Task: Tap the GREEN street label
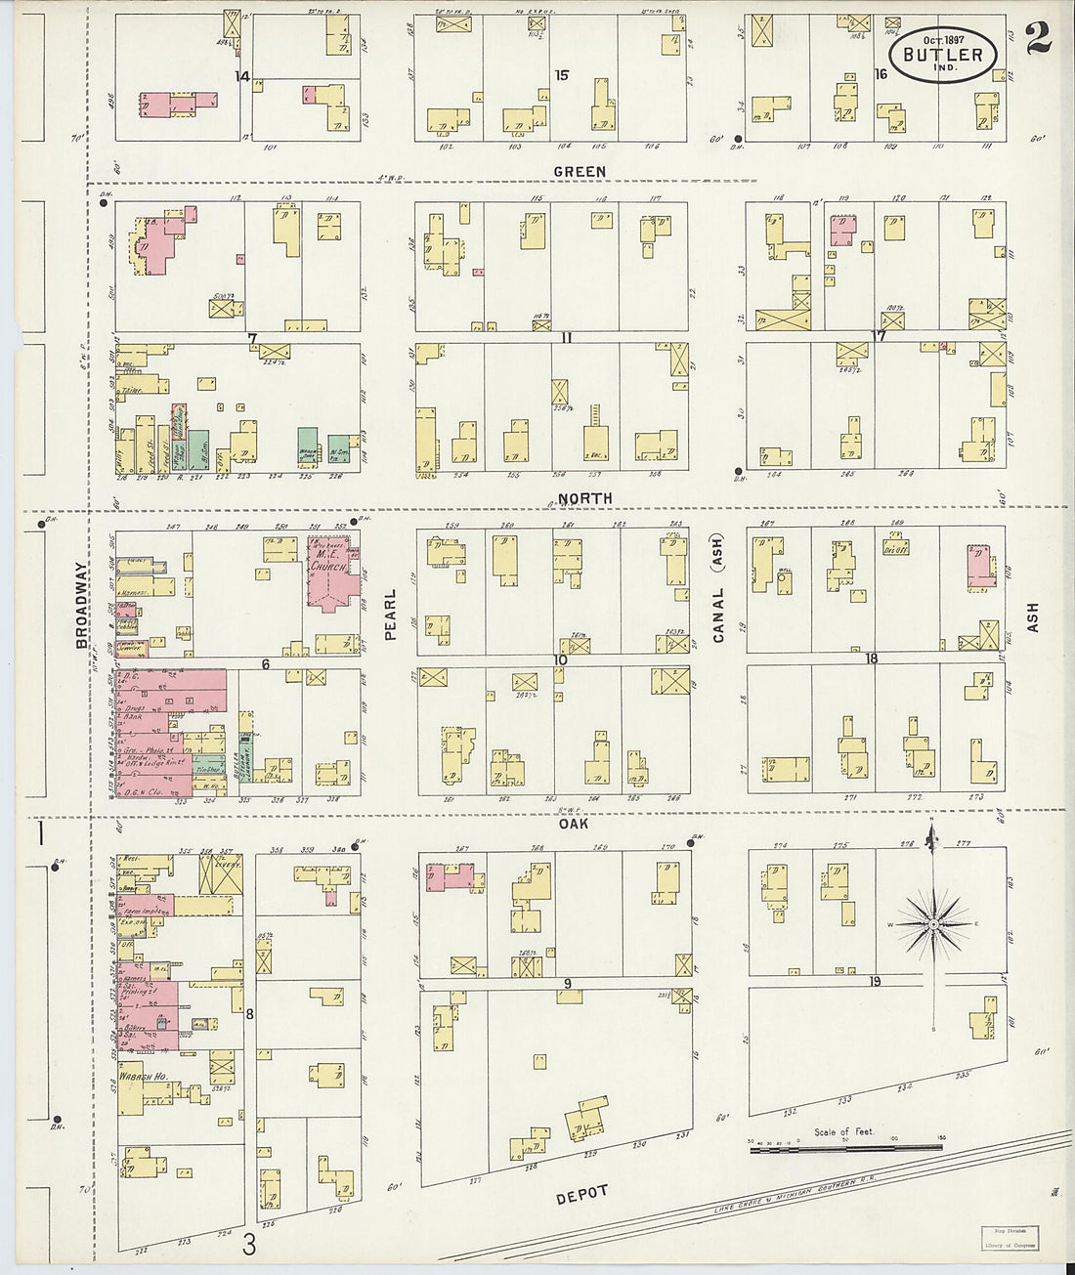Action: (x=580, y=172)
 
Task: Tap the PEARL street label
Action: (x=390, y=614)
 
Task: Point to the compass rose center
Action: (x=934, y=923)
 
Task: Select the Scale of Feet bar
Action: (x=846, y=1150)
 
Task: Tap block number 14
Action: (x=241, y=75)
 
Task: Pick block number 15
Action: (x=561, y=75)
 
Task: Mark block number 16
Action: (x=880, y=74)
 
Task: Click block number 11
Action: (x=566, y=338)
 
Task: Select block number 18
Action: (x=870, y=659)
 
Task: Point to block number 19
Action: (x=875, y=981)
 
